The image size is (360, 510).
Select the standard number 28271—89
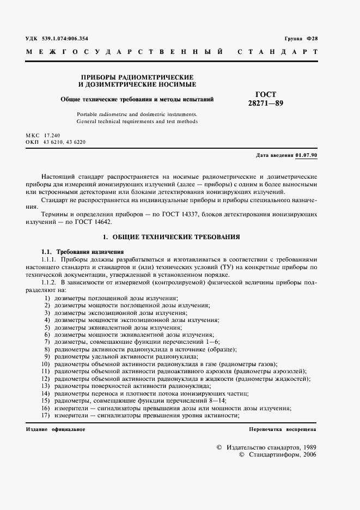tap(266, 103)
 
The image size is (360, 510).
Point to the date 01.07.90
tap(307, 155)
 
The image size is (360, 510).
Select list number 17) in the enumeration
tap(46, 416)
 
